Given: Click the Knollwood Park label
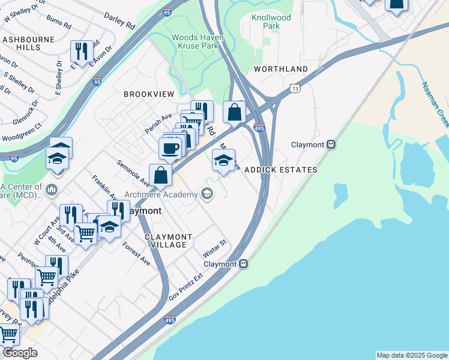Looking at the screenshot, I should click(271, 22).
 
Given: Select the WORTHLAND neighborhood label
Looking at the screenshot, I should click(281, 69).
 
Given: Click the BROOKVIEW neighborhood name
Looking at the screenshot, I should click(149, 94).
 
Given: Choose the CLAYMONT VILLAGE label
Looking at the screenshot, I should click(169, 241).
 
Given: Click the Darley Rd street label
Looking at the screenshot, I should click(119, 21).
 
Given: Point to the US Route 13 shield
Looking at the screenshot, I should click(295, 88).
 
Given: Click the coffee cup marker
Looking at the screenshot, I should click(170, 148).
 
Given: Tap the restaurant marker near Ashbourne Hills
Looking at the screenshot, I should click(80, 51).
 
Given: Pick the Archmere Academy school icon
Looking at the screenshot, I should click(207, 193).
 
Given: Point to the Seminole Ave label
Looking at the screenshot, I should click(133, 172).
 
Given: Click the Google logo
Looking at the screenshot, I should click(20, 353).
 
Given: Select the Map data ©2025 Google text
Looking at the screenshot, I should click(411, 355).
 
